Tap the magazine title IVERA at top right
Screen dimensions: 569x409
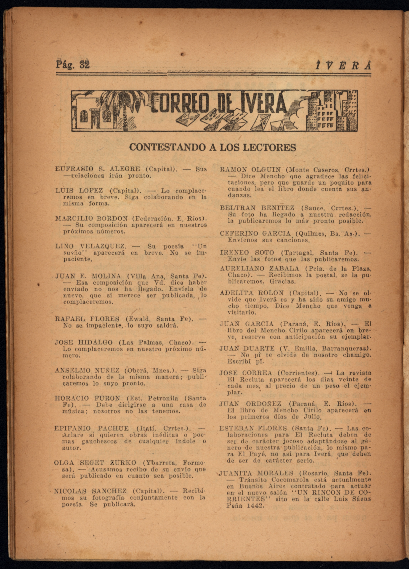(343, 66)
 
